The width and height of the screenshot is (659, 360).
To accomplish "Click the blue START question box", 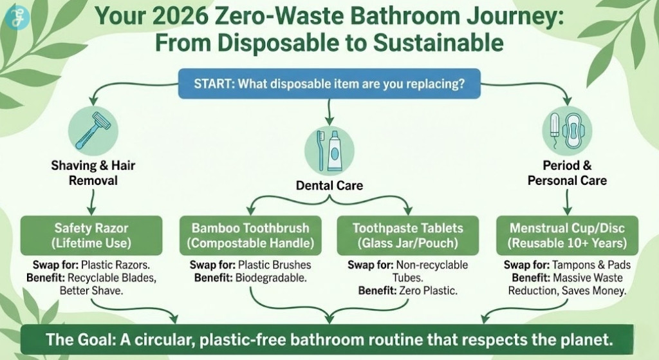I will coord(329,84).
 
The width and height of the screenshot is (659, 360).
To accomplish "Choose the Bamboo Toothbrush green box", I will coord(250,236).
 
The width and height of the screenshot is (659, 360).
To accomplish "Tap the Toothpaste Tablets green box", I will coord(408,236).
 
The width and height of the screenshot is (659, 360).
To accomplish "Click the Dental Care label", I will coord(329,185).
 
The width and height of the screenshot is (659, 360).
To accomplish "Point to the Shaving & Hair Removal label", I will coord(93,173).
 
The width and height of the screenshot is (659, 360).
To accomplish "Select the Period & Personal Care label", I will coord(566,173).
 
